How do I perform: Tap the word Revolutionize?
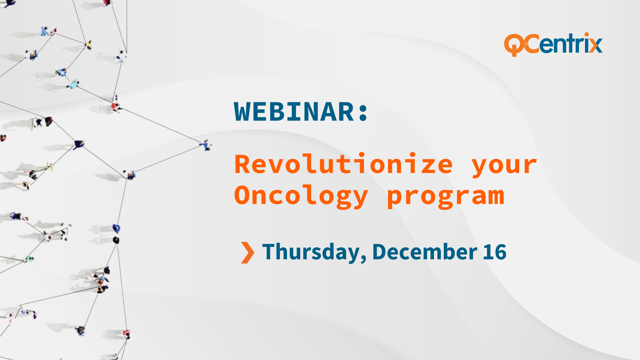344,164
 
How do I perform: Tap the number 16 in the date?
495,252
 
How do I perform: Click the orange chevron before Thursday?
248,253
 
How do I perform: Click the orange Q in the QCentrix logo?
515,45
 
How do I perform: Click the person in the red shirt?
115,107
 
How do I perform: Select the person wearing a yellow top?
89,44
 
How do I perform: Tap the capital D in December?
379,252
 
